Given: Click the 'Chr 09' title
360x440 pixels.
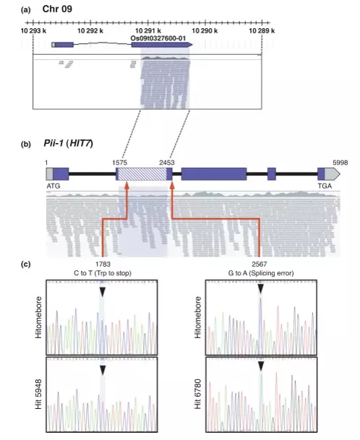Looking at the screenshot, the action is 57,9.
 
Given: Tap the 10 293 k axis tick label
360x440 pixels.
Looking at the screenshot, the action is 33,30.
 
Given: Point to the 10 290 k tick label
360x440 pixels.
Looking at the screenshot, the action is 205,30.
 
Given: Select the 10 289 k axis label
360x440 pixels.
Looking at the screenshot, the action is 262,30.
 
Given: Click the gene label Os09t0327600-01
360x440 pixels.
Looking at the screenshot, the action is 158,38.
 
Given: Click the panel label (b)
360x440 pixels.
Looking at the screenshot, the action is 26,144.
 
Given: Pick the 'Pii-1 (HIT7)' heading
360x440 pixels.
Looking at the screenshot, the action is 68,143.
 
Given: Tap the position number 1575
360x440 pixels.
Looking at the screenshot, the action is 119,163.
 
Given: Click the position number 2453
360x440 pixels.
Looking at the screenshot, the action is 167,163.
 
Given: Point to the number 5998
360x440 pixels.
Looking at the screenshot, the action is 340,163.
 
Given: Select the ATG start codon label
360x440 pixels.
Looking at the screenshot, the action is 53,186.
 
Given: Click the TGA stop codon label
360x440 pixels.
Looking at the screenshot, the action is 325,186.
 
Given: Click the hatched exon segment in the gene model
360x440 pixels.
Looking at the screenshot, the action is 142,174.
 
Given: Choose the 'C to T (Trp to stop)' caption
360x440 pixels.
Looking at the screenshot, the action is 103,273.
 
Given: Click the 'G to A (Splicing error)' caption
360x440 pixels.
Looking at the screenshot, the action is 261,273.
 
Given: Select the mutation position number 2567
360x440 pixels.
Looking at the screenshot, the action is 260,264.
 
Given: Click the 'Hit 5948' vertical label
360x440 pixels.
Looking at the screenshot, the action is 38,394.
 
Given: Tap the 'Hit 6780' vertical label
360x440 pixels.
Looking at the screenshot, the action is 197,394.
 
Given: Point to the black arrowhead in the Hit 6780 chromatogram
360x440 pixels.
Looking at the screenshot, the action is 261,366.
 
